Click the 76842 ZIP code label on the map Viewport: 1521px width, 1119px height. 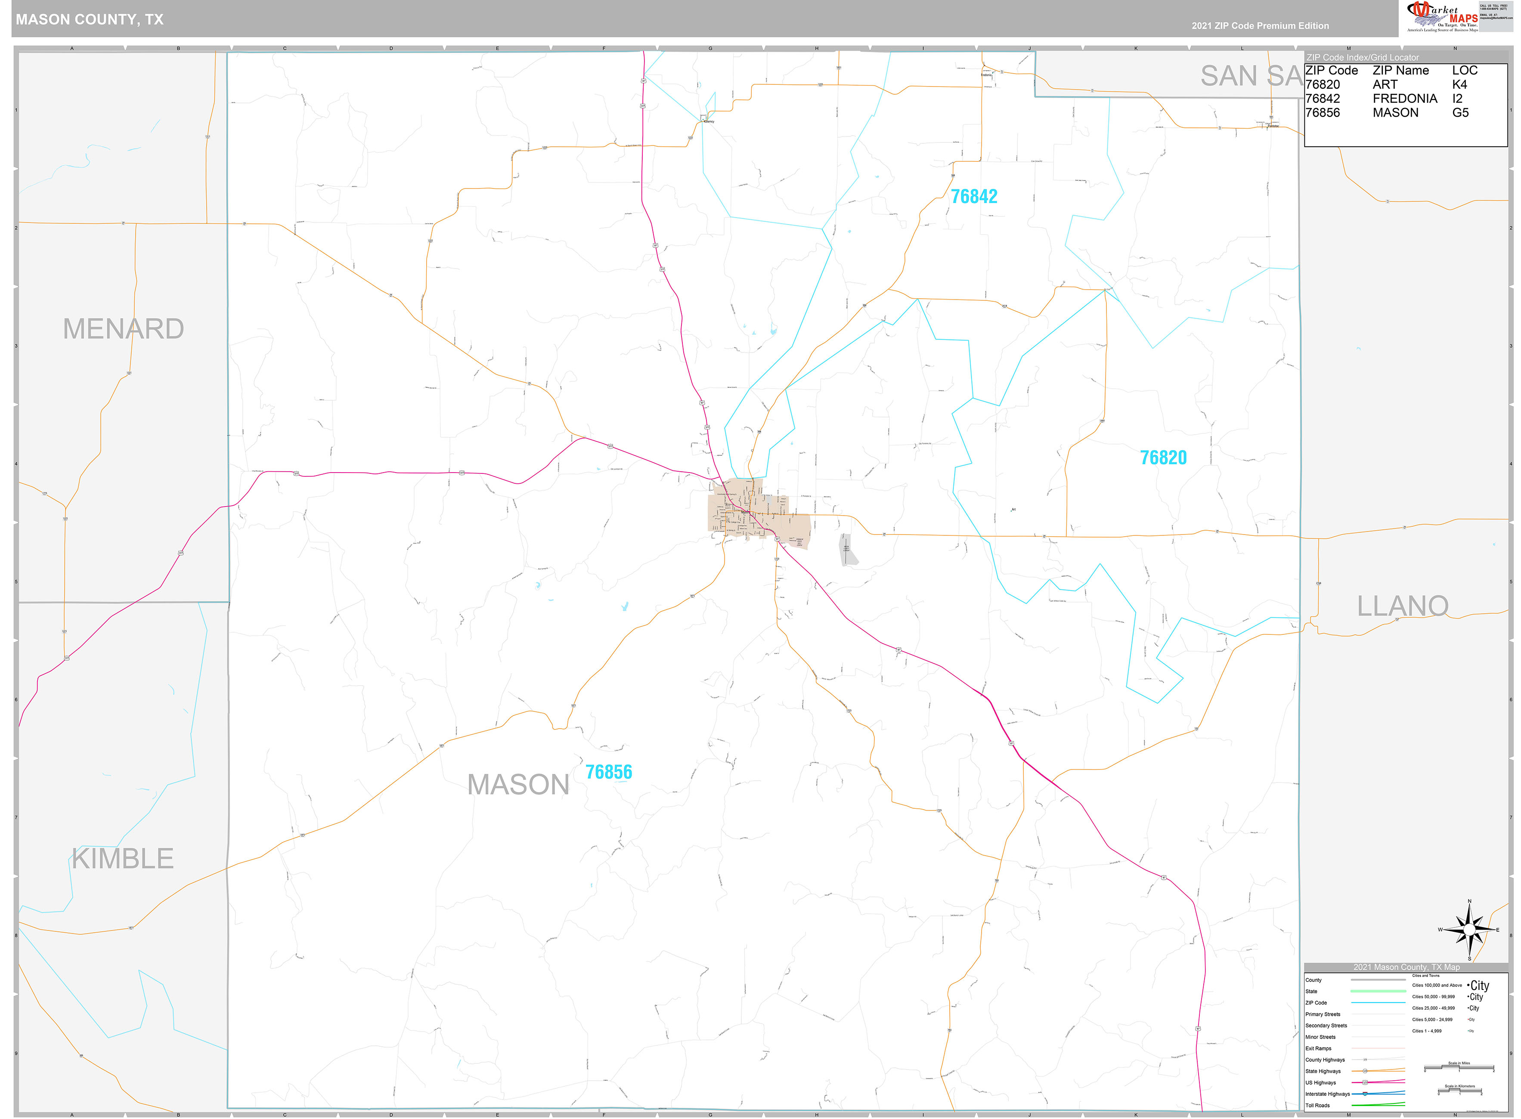click(x=973, y=196)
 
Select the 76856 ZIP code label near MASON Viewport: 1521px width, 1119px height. click(x=608, y=772)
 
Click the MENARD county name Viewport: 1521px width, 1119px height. click(x=123, y=329)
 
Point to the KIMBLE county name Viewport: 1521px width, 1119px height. click(x=123, y=859)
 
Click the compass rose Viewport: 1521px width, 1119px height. click(x=1469, y=929)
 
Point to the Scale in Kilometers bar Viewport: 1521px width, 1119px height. click(x=1459, y=1091)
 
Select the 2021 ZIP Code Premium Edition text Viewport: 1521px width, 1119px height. click(x=1260, y=26)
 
